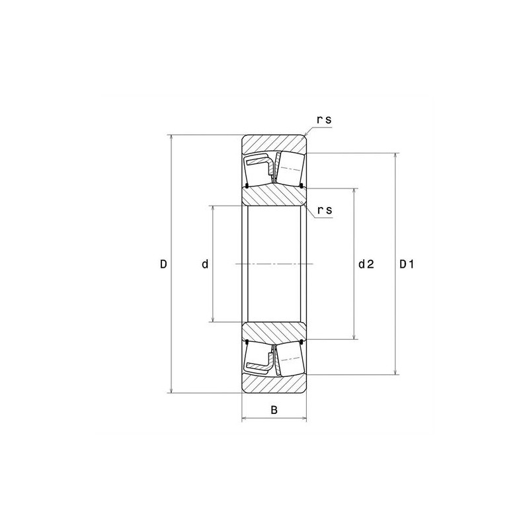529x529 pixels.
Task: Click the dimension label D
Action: coord(163,264)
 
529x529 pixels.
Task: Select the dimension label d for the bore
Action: coord(205,264)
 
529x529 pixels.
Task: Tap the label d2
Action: coord(366,264)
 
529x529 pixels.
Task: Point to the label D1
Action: coord(407,264)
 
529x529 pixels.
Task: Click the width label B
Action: coord(274,410)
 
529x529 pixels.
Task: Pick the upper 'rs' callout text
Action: coord(324,120)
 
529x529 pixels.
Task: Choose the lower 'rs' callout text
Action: coord(325,210)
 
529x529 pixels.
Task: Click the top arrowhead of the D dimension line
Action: coord(171,138)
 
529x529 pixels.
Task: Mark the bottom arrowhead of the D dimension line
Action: coord(171,390)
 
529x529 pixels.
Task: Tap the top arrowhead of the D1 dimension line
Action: coord(395,156)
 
